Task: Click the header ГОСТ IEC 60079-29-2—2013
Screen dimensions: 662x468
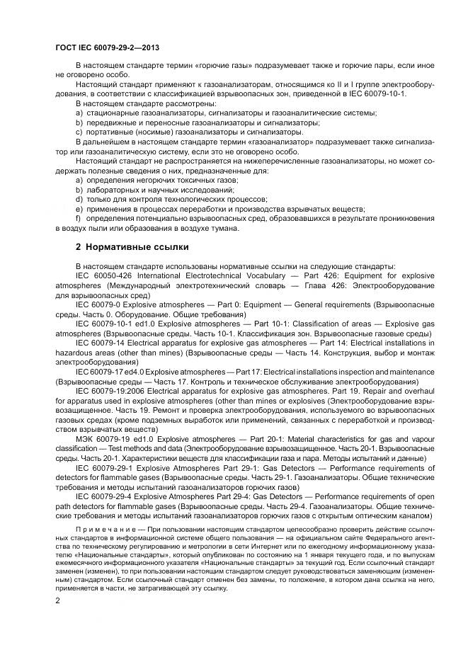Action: (106, 48)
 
